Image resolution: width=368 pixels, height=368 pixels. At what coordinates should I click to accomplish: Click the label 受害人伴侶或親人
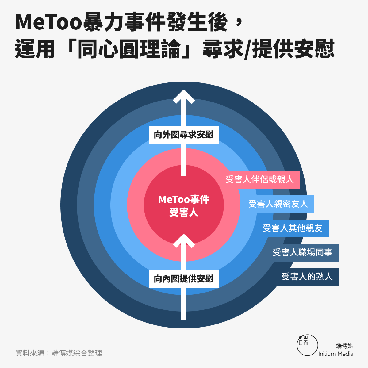[x=259, y=179]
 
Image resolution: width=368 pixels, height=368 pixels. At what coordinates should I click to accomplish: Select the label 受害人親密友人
[x=278, y=204]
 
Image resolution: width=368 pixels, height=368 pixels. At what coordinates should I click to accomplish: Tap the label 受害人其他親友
[x=293, y=228]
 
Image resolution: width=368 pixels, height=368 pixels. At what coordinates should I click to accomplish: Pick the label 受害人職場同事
[x=302, y=252]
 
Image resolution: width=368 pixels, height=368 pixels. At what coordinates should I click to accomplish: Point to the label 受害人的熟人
[x=307, y=277]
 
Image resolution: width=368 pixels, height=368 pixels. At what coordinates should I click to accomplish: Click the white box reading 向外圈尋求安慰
[x=184, y=135]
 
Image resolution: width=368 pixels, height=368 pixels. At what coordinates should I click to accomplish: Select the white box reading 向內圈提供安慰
[x=184, y=279]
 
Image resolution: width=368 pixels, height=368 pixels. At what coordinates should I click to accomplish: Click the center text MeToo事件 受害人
[x=184, y=206]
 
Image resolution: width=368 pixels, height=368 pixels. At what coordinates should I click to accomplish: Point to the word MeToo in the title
[x=49, y=22]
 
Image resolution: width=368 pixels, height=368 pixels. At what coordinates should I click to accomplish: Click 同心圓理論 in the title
[x=129, y=48]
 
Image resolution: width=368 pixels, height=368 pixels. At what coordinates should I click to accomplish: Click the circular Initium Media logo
[x=307, y=345]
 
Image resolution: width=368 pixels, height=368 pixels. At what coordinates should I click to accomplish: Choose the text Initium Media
[x=336, y=354]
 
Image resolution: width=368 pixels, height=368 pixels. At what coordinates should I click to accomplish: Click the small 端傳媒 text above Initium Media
[x=345, y=346]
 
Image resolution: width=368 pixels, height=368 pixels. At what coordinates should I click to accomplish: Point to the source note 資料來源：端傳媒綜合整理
[x=59, y=353]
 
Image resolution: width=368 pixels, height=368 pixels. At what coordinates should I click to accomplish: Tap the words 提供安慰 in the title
[x=293, y=48]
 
